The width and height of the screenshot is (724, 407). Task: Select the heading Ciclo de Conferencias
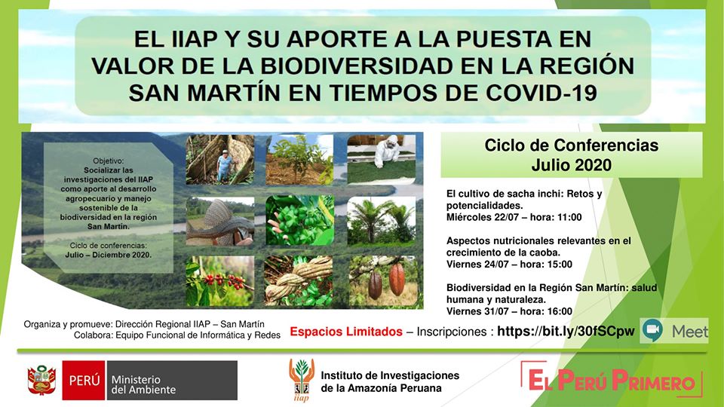pyautogui.click(x=571, y=145)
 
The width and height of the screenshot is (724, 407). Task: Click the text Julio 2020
pyautogui.click(x=571, y=165)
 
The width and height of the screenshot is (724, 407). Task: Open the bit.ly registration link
pyautogui.click(x=566, y=331)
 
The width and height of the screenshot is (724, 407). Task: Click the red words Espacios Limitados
pyautogui.click(x=346, y=332)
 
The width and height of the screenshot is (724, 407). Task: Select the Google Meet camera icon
pyautogui.click(x=652, y=329)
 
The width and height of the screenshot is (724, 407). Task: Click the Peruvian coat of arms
pyautogui.click(x=41, y=380)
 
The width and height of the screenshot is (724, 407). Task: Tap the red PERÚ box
pyautogui.click(x=84, y=380)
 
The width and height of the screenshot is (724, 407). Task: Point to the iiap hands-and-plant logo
pyautogui.click(x=302, y=379)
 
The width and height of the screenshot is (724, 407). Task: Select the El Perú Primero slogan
pyautogui.click(x=612, y=380)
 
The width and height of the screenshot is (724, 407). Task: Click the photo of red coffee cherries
pyautogui.click(x=219, y=281)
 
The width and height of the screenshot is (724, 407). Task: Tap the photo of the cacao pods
pyautogui.click(x=382, y=281)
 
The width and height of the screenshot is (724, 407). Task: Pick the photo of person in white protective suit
pyautogui.click(x=382, y=160)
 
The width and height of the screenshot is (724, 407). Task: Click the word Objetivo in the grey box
pyautogui.click(x=109, y=161)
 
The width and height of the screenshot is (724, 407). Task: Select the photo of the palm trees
pyautogui.click(x=382, y=221)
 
